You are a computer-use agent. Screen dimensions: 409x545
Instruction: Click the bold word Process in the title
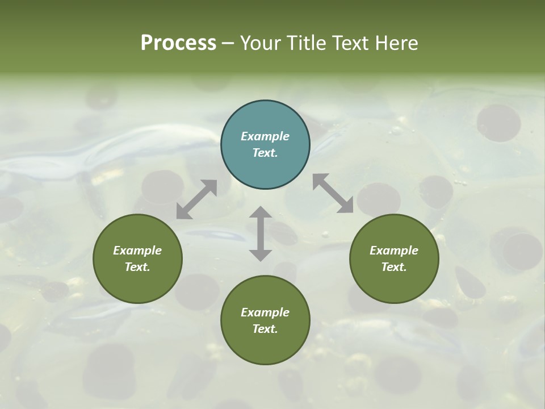point(178,43)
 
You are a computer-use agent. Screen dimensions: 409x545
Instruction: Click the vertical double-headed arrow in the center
point(261,234)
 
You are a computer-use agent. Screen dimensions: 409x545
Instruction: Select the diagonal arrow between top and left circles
point(196,199)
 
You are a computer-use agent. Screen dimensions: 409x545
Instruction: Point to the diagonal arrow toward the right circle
point(333,194)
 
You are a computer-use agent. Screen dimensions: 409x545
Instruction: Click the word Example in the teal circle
point(265,136)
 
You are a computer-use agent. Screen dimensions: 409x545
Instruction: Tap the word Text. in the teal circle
point(265,153)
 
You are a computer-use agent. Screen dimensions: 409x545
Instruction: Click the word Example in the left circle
point(137,251)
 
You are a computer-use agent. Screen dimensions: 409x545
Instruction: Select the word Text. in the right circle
point(394,267)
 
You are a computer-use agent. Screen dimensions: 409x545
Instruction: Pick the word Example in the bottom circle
point(265,312)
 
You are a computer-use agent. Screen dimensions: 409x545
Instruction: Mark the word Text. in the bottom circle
point(265,329)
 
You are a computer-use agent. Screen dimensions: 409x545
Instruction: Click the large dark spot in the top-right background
point(498,123)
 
